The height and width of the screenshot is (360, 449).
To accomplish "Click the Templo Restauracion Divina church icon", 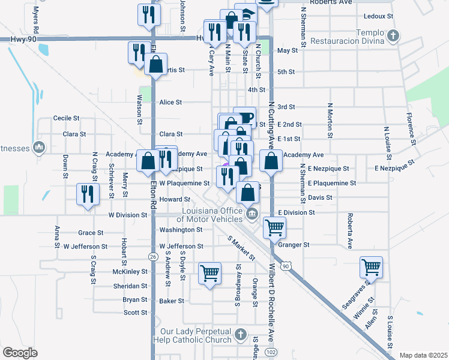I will [393, 36].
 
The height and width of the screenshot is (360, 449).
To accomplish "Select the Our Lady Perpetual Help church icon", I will [240, 334].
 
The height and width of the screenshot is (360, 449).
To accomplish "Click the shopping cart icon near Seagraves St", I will [371, 266].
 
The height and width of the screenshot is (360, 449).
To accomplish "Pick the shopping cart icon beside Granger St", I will [274, 227].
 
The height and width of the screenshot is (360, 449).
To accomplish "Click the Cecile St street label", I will [67, 118].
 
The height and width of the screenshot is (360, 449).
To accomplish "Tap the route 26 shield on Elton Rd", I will [153, 256].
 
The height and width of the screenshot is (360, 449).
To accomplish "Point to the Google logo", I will [20, 353].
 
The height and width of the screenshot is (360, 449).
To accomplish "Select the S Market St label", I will [242, 248].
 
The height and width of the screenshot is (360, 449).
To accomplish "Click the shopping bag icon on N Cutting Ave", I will [271, 160].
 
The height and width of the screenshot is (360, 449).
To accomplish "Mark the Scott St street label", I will [135, 313].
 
